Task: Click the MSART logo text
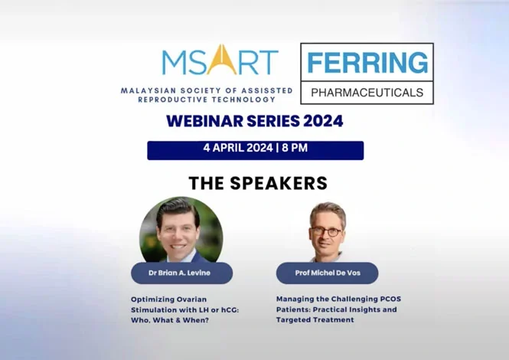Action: coord(220,61)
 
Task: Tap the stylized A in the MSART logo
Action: coord(218,61)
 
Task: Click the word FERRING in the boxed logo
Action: coord(367,62)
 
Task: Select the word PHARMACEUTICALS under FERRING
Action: coord(367,92)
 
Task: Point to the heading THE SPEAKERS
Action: coord(258,183)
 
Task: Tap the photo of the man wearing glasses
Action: coord(328,231)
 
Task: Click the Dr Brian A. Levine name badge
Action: coord(181,273)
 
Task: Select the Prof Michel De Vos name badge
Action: coord(328,273)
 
